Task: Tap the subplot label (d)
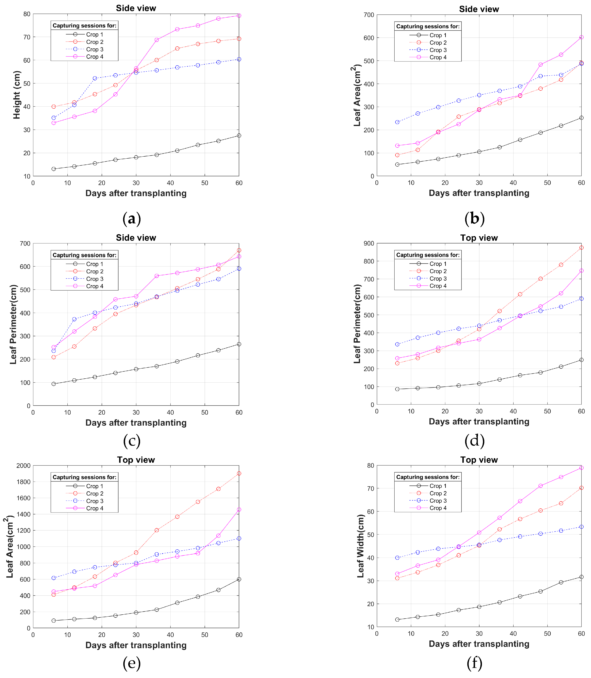coord(474,441)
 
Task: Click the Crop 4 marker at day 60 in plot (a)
coord(239,15)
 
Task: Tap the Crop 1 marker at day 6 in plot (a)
coord(54,169)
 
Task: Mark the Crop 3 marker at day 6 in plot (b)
coord(397,122)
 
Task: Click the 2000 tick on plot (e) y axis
coord(24,465)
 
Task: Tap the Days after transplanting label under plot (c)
coord(136,423)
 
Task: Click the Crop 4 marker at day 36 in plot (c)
coord(157,276)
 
